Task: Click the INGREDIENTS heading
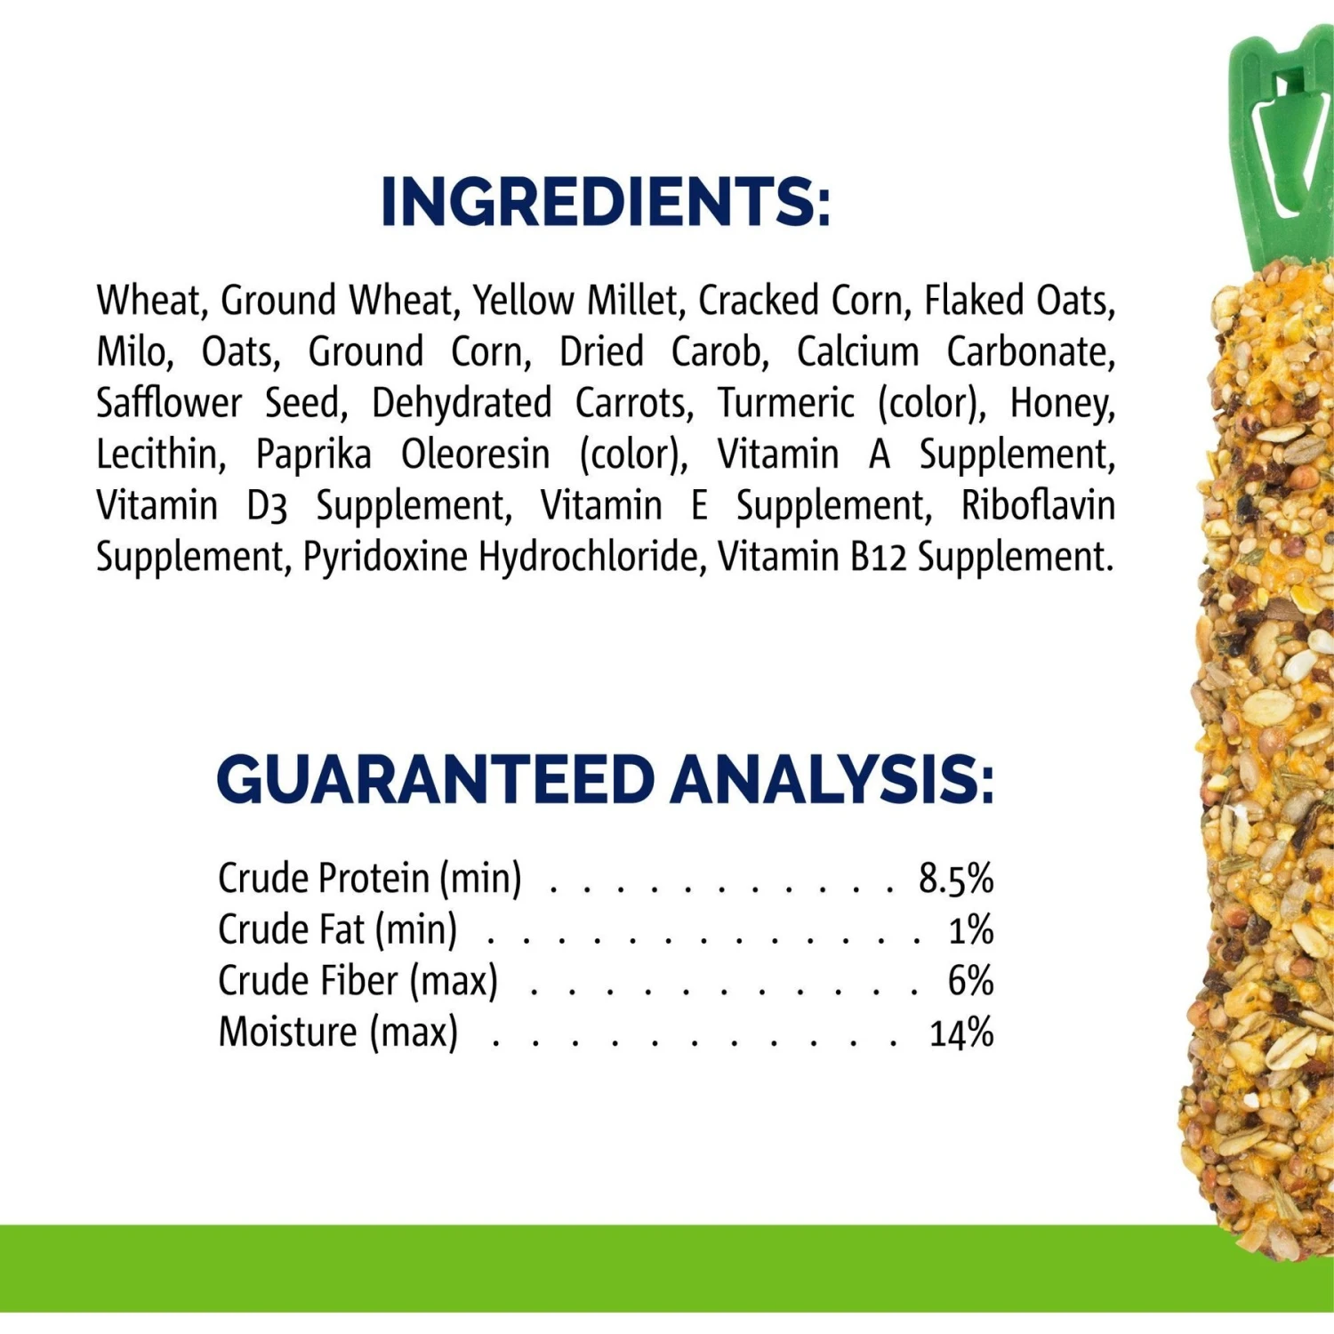[x=605, y=202]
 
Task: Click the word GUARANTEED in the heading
[x=436, y=780]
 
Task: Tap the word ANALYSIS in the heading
[x=832, y=780]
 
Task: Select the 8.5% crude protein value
[x=955, y=879]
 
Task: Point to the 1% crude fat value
[x=970, y=930]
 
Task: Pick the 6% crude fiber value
[x=969, y=981]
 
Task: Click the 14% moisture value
[x=960, y=1033]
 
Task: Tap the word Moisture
[x=288, y=1033]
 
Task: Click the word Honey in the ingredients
[x=1061, y=403]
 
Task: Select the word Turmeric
[x=785, y=403]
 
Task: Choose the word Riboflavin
[x=1038, y=505]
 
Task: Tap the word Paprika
[x=313, y=454]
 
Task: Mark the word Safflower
[x=169, y=403]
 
